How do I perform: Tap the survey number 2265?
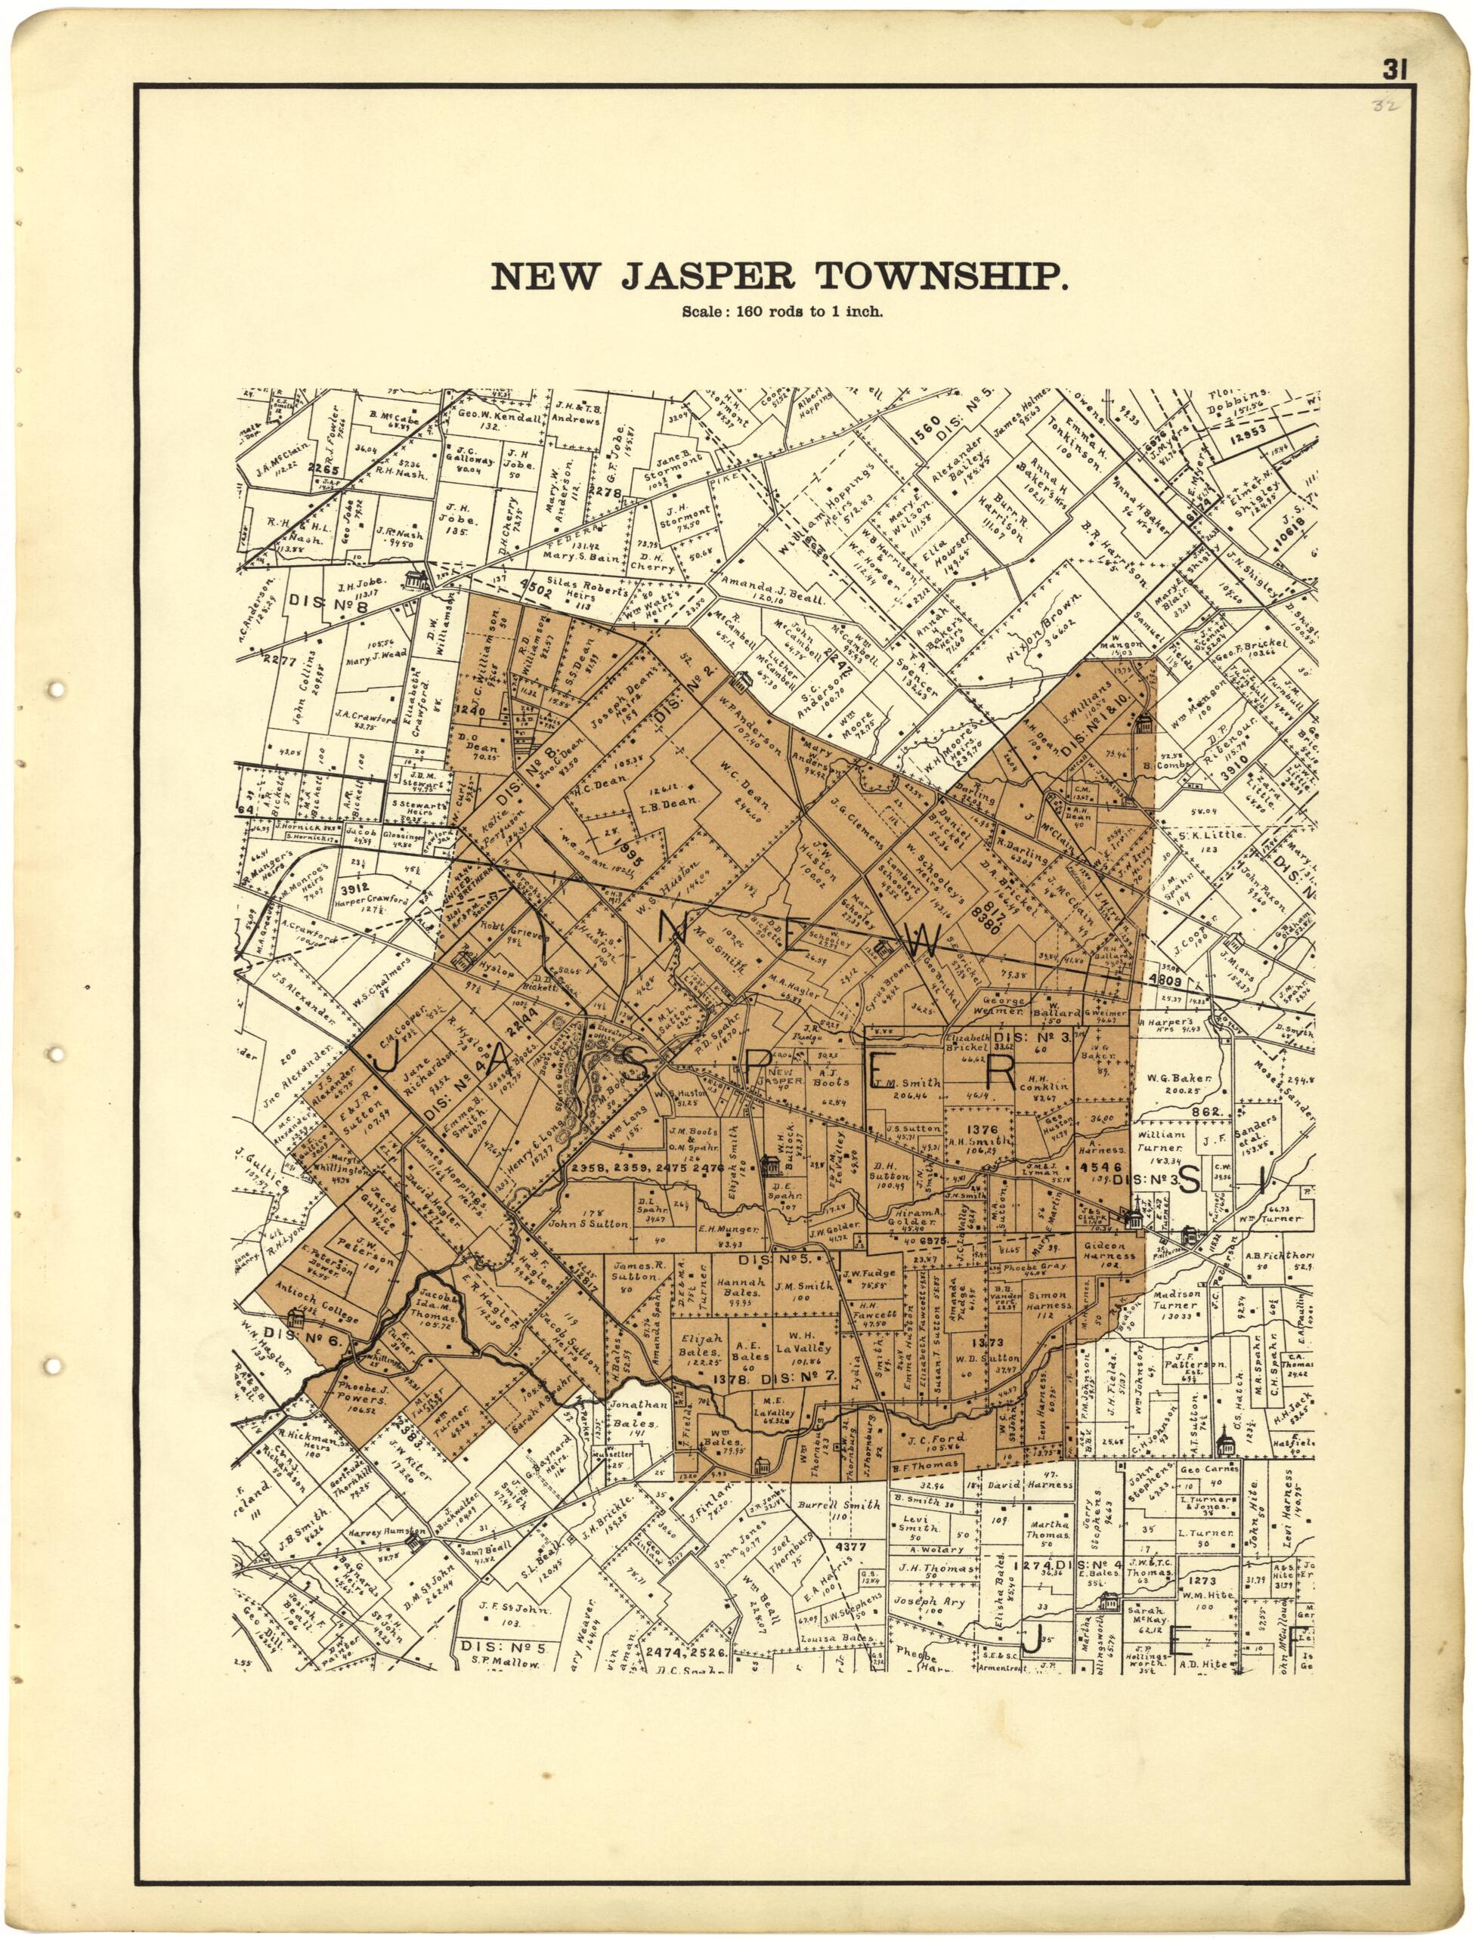(323, 469)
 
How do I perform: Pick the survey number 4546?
(1100, 1168)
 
